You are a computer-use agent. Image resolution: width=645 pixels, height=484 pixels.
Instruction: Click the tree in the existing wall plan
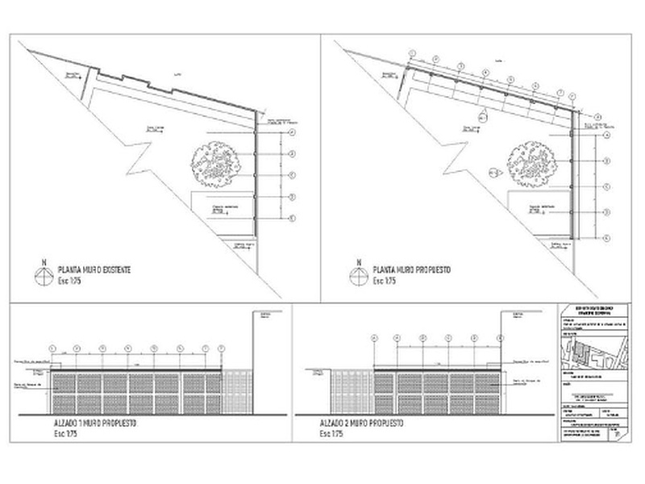215,161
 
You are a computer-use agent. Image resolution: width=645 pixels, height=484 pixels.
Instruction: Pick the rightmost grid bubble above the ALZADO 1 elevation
220,348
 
